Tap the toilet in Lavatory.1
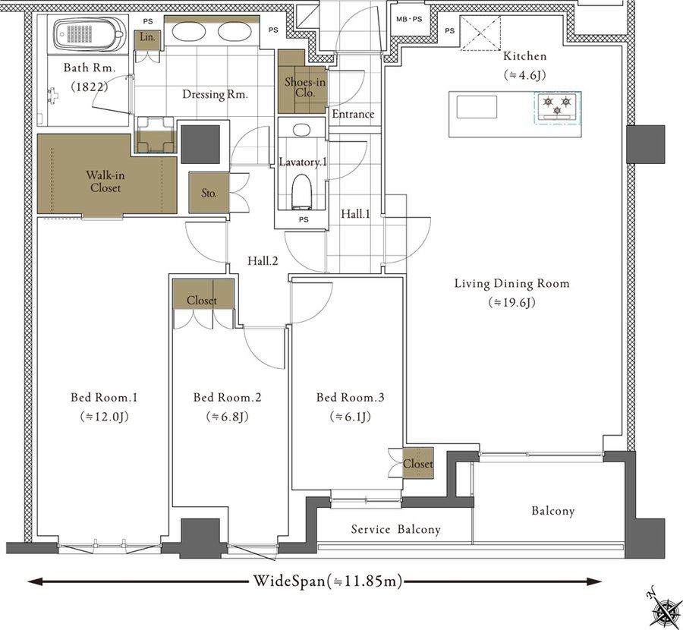[x=302, y=191]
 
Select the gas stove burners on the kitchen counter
[x=557, y=106]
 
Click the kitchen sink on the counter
[x=477, y=107]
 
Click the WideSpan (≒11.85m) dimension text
[x=328, y=581]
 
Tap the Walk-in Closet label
[x=105, y=181]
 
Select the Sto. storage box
[x=209, y=193]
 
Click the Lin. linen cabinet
[x=147, y=38]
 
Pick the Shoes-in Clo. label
[x=305, y=87]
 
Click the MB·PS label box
[x=409, y=19]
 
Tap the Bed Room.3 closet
[x=417, y=463]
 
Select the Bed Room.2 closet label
[x=202, y=300]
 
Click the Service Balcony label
[x=395, y=529]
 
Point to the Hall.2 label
[x=263, y=261]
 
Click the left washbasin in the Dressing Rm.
[x=188, y=31]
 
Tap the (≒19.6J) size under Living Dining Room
[x=511, y=302]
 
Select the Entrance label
[x=353, y=114]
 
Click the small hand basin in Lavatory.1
[x=301, y=129]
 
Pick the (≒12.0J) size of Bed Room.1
[x=105, y=417]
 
